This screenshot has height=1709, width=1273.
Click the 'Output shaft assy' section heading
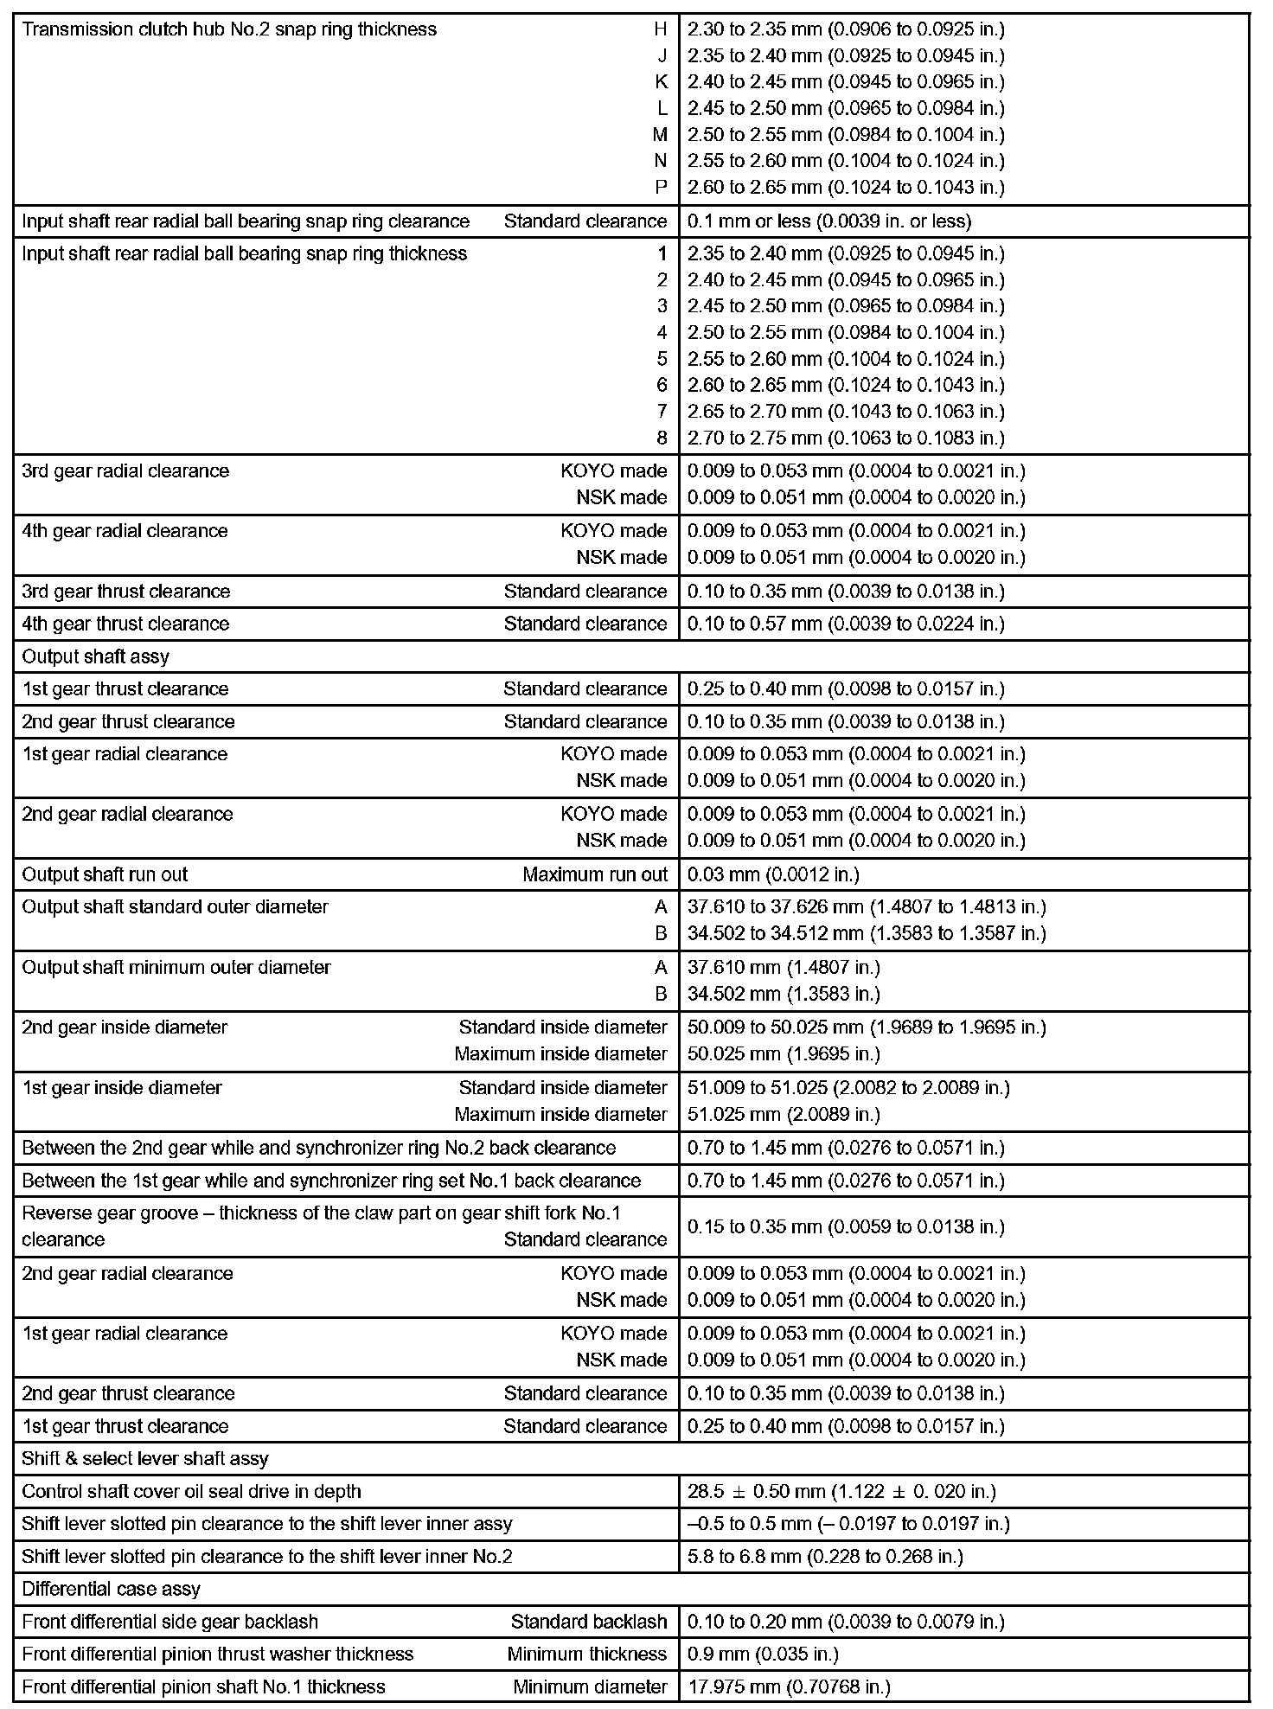click(95, 656)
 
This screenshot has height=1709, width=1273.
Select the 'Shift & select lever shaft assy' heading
click(145, 1459)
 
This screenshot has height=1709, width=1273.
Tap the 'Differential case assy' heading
click(111, 1589)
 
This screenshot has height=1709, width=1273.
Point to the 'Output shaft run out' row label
click(105, 874)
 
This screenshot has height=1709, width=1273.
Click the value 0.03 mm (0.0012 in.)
click(773, 874)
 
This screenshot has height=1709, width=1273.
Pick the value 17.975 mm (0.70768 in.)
click(789, 1687)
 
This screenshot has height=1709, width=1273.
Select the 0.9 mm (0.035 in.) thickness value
click(763, 1655)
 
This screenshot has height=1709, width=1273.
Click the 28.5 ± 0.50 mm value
click(841, 1492)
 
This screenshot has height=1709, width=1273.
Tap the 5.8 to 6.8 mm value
click(825, 1557)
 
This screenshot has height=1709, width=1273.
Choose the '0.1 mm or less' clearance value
click(829, 221)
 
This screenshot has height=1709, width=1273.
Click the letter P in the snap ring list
click(662, 188)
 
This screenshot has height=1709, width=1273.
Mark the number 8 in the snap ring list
click(662, 438)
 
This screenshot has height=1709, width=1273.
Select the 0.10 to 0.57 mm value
click(846, 624)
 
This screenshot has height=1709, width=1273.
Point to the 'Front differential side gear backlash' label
click(170, 1622)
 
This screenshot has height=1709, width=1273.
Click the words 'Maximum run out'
click(595, 874)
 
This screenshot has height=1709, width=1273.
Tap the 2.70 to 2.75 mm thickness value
click(846, 438)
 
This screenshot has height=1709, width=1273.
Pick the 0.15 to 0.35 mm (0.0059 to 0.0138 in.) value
click(846, 1227)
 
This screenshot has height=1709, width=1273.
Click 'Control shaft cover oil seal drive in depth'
click(191, 1492)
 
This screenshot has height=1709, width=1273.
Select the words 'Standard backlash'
click(589, 1622)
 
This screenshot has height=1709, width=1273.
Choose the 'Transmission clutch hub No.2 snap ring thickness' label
click(229, 29)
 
